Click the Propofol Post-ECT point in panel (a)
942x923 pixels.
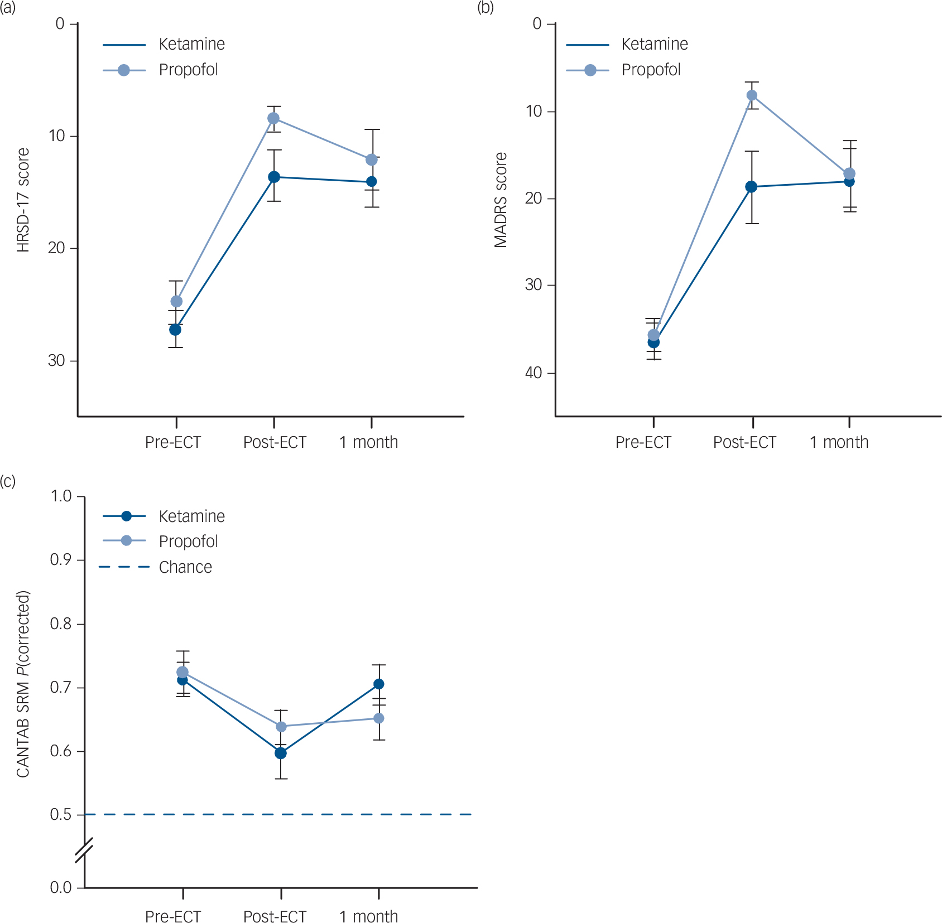273,118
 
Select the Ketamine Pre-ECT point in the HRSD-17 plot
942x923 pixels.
175,330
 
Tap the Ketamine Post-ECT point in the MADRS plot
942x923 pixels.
752,187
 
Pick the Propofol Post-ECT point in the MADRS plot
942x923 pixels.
752,95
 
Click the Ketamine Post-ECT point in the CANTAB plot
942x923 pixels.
281,753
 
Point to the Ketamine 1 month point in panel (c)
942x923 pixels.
378,684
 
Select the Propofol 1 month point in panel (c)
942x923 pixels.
378,718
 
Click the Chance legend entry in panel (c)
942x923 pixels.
185,567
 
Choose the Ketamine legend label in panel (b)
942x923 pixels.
655,44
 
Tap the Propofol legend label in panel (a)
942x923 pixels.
188,70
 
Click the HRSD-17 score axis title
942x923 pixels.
23,200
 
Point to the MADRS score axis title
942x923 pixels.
501,200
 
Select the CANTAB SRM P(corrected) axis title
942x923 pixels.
23,684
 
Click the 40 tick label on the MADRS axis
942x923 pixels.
534,373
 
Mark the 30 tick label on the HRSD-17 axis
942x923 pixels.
56,360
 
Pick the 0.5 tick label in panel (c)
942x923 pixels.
61,815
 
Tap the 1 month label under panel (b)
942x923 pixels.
839,442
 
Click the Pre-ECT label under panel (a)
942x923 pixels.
172,442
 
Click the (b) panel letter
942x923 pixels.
485,8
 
